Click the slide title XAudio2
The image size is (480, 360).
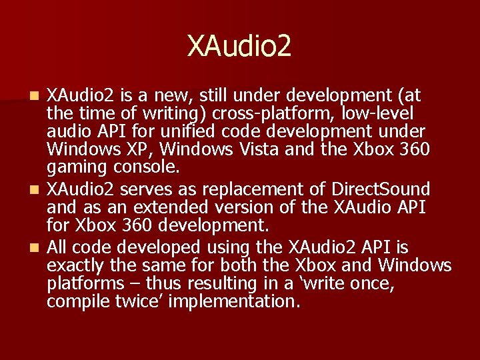(x=239, y=46)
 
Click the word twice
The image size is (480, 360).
(x=141, y=301)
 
